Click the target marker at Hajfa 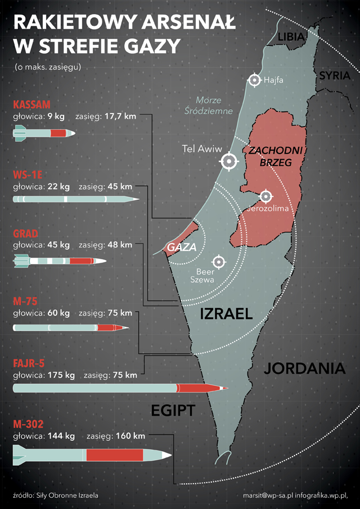[255, 80]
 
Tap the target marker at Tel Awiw [229, 161]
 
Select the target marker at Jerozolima [266, 196]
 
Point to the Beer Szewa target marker [219, 262]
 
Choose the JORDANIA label [304, 369]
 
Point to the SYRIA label [334, 76]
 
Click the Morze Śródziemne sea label [208, 105]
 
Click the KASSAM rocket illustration [44, 133]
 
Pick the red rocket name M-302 [30, 424]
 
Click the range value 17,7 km [121, 116]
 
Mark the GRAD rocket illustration [60, 261]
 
